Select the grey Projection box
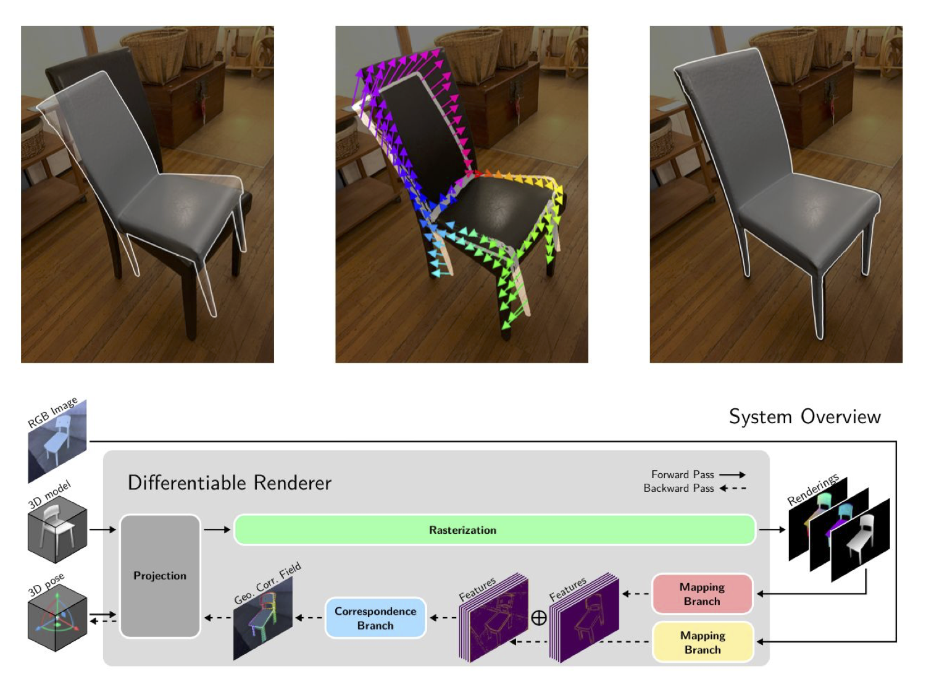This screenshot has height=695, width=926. point(160,575)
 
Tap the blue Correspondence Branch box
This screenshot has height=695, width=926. point(375,618)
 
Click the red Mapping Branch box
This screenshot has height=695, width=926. point(702,594)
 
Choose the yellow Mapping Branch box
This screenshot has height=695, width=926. point(702,642)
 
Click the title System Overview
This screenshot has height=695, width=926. point(804,416)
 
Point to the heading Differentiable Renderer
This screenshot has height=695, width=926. point(229,482)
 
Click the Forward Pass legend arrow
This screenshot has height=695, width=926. point(732,474)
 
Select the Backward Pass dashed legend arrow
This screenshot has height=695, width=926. point(732,488)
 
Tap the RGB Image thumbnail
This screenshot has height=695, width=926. point(57,440)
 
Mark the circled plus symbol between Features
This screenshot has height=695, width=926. point(539,618)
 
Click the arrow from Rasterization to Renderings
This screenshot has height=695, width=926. point(772,529)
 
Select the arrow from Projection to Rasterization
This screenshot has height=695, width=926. point(217,529)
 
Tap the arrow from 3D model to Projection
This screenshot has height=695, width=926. point(102,529)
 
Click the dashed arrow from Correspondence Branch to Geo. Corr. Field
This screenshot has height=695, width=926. point(309,618)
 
